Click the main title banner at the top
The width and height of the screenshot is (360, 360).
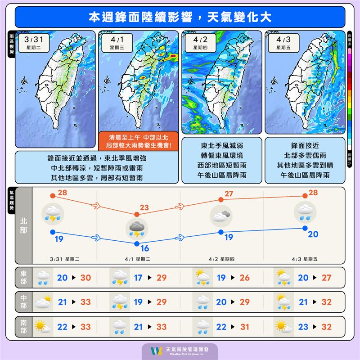(x=180, y=17)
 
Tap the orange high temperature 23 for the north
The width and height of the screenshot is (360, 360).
(x=144, y=208)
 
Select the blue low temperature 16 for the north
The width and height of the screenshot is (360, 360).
(x=144, y=248)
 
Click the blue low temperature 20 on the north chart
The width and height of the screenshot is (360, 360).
(x=313, y=234)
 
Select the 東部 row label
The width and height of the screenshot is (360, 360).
(x=23, y=278)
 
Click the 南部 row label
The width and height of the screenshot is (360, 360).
(x=23, y=326)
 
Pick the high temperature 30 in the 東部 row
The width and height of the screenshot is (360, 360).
(x=85, y=278)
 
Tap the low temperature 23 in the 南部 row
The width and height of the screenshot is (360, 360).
(x=308, y=326)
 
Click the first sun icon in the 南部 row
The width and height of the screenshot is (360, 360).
(x=43, y=326)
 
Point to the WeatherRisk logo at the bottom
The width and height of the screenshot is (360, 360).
(x=180, y=351)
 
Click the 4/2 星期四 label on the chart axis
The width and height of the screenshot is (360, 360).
(x=221, y=259)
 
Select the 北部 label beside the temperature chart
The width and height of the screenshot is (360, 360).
(x=23, y=225)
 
